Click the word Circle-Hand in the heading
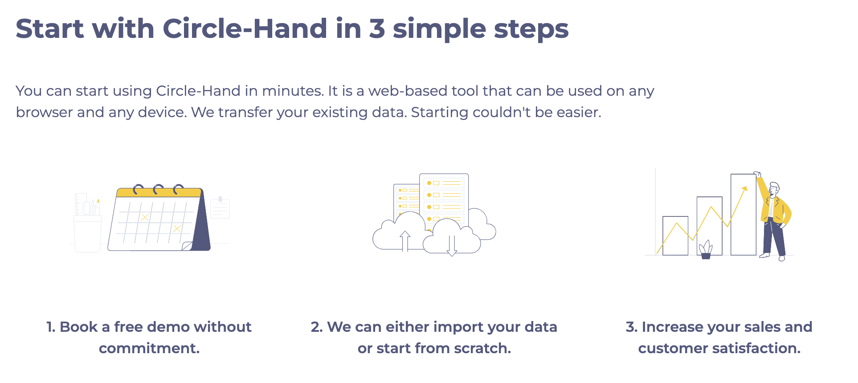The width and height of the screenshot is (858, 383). [x=245, y=29]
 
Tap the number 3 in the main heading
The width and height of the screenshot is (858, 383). [x=376, y=29]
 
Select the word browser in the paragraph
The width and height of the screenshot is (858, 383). [x=44, y=112]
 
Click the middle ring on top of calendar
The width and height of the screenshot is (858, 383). [x=158, y=190]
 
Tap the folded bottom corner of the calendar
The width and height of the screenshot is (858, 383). [x=188, y=246]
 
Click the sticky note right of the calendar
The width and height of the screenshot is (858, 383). [x=220, y=208]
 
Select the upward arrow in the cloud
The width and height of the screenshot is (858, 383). [x=405, y=240]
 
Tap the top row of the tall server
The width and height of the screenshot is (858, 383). [x=444, y=183]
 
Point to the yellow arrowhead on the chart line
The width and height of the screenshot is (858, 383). [x=744, y=189]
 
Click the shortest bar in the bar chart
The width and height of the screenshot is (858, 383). [x=675, y=236]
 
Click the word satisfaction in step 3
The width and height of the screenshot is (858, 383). [x=753, y=348]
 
